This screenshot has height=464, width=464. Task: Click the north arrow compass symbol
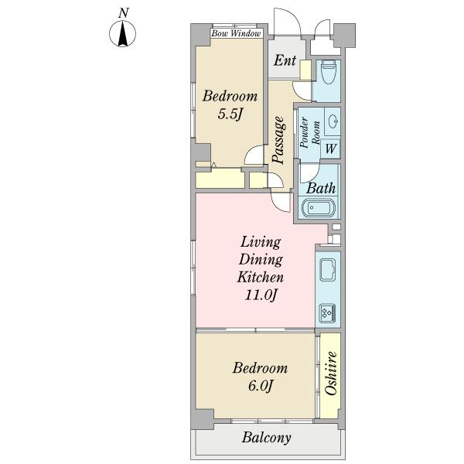(x=123, y=34)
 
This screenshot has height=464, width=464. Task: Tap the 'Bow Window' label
(x=236, y=33)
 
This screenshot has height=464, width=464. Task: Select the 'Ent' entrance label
(x=285, y=60)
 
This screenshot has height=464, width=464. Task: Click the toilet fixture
(x=328, y=72)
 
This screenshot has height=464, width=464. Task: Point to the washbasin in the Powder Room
(x=334, y=121)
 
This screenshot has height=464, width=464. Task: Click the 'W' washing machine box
(x=330, y=148)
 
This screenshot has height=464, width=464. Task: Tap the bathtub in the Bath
(x=319, y=207)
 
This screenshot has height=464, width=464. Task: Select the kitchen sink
(x=328, y=270)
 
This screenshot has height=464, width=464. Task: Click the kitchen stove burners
(x=328, y=313)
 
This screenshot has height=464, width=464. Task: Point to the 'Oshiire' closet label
(x=330, y=374)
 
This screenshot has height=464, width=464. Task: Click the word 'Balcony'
(x=266, y=438)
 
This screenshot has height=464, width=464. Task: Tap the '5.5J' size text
(x=230, y=114)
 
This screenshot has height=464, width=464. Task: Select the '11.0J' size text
(x=261, y=295)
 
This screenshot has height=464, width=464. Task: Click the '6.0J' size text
(x=260, y=386)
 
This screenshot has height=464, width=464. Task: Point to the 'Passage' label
(x=279, y=140)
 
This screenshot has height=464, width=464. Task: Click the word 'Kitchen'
(x=261, y=278)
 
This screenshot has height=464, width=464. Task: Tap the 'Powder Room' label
(x=310, y=132)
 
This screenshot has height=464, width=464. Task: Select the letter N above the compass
(x=124, y=13)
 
